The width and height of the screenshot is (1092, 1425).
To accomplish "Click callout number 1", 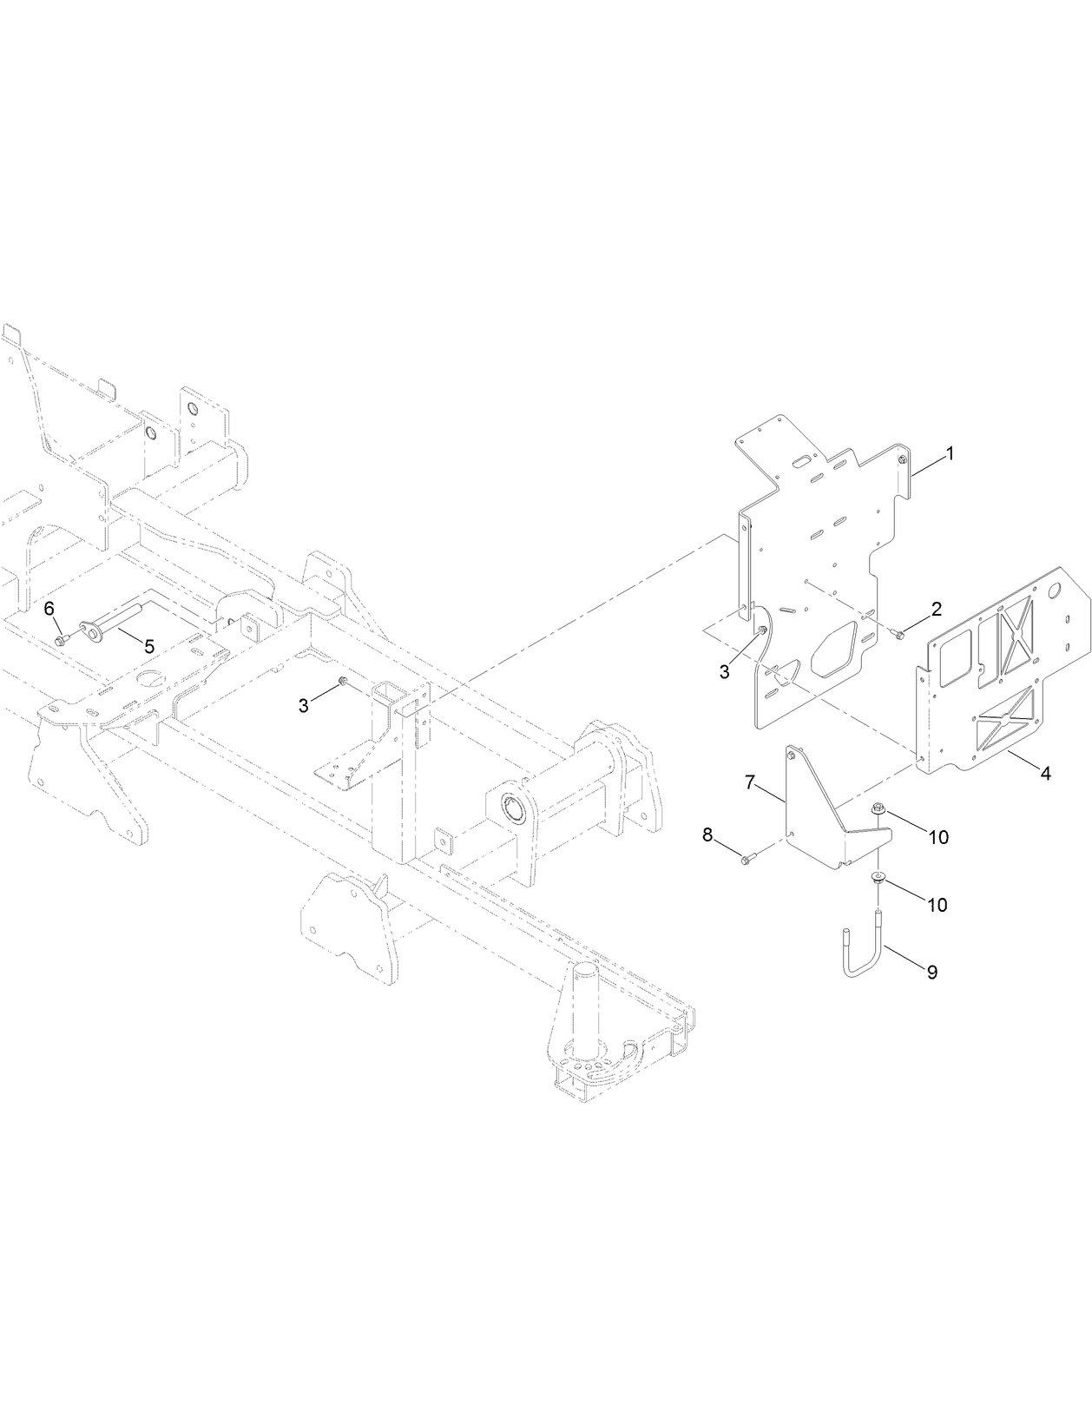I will click(x=951, y=453).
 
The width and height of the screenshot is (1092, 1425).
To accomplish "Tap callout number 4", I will click(x=1045, y=774).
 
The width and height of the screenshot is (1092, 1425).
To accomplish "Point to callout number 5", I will click(x=148, y=646).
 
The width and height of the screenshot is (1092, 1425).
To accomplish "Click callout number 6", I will click(x=49, y=607).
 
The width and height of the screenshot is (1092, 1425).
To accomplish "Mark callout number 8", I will click(x=707, y=835).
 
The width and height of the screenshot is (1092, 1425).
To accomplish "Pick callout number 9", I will click(x=931, y=972).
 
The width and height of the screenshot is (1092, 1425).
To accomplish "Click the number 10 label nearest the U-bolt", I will click(x=937, y=904).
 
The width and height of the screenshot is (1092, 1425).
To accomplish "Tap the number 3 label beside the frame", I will click(x=303, y=706).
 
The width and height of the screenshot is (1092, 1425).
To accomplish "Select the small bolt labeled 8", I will click(x=747, y=859).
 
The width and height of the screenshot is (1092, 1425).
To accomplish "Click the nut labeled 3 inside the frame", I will click(x=343, y=682).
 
